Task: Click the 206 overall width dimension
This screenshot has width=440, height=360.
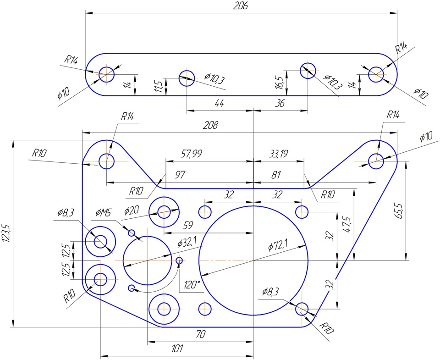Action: pos(241,6)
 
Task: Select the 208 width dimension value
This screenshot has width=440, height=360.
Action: pos(211,125)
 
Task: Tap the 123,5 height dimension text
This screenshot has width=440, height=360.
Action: pos(6,233)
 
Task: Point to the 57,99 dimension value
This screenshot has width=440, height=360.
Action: pos(192,154)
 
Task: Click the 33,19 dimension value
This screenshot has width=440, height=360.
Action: pos(278,154)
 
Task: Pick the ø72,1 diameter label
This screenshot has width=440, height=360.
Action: pos(278,245)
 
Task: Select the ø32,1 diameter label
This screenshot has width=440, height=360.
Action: pos(187,242)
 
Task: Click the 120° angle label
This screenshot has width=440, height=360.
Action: pos(192,285)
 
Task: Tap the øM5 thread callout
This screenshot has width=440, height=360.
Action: pos(103,213)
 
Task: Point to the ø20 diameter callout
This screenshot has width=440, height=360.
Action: pos(132,210)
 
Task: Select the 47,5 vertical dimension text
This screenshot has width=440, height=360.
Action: pos(347,224)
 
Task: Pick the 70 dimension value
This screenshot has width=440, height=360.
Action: pos(201,334)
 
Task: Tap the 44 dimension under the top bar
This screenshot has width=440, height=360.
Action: pos(220,103)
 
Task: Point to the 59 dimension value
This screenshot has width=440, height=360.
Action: pos(188,225)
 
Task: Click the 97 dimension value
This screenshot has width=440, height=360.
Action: pos(180,175)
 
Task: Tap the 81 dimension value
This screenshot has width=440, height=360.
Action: pos(276,175)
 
